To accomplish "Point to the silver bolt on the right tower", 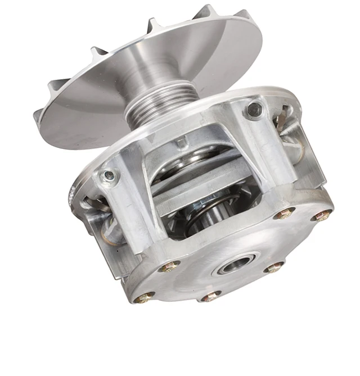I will pos(254,109).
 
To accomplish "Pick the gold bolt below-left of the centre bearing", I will pos(211,296).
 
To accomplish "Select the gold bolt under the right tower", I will pos(284,213).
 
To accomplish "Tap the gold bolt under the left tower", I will pos(170,266).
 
